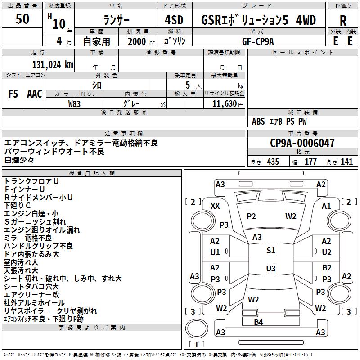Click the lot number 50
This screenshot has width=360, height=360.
[22, 19]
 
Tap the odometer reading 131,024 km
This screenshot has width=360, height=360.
[53, 64]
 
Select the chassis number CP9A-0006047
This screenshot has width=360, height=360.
[302, 143]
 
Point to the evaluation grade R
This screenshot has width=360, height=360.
[343, 20]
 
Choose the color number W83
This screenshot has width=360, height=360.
[75, 103]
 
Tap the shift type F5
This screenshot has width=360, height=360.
[13, 94]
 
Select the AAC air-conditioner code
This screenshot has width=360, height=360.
[35, 94]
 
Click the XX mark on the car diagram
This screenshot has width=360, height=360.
[216, 206]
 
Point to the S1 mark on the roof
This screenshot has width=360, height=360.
[271, 251]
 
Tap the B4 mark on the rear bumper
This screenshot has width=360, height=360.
[258, 322]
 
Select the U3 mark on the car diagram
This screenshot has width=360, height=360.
[271, 269]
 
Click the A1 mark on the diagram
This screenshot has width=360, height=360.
[326, 206]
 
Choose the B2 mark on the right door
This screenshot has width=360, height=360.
[327, 268]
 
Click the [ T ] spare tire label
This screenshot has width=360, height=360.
[196, 345]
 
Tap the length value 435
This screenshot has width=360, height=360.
[272, 162]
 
